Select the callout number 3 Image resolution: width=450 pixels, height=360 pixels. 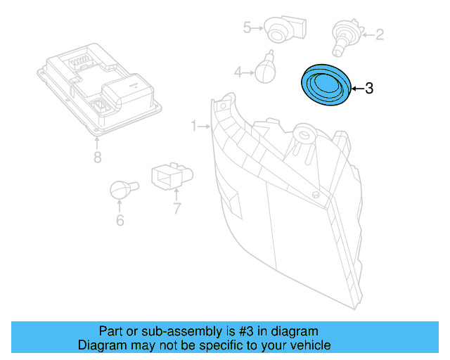369,89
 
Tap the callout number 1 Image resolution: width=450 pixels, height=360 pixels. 194,126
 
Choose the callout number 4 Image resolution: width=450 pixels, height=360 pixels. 238,72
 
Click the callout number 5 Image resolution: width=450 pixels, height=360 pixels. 247,27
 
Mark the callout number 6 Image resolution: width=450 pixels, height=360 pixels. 120,221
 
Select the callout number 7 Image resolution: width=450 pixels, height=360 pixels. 176,207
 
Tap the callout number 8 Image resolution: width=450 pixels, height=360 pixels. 97,157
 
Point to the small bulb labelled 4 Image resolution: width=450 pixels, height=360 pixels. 264,69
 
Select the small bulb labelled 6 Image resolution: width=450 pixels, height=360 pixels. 121,189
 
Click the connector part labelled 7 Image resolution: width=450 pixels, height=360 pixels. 172,177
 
